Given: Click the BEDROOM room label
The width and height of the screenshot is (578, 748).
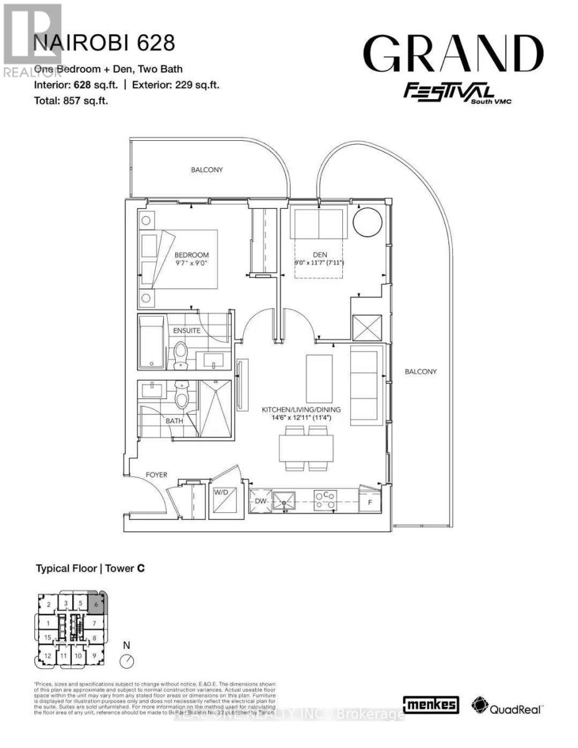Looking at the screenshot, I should point(191,255).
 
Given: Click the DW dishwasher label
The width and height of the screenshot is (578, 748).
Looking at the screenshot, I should point(261,501).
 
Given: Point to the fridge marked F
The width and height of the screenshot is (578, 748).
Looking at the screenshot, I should point(370,501).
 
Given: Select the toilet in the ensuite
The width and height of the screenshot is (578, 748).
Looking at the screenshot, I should point(181,353).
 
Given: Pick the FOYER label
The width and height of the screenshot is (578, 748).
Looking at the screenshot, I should point(157,474).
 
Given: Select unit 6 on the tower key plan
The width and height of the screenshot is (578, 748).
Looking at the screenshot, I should point(97,604).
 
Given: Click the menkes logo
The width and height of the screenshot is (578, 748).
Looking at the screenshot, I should point(431,705).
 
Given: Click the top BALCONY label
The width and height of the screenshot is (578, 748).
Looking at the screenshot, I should point(207,170).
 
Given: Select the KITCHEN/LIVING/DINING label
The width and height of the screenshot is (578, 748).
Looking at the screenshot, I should point(301,410).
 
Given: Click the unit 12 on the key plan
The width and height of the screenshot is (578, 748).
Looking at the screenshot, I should point(48,655).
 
